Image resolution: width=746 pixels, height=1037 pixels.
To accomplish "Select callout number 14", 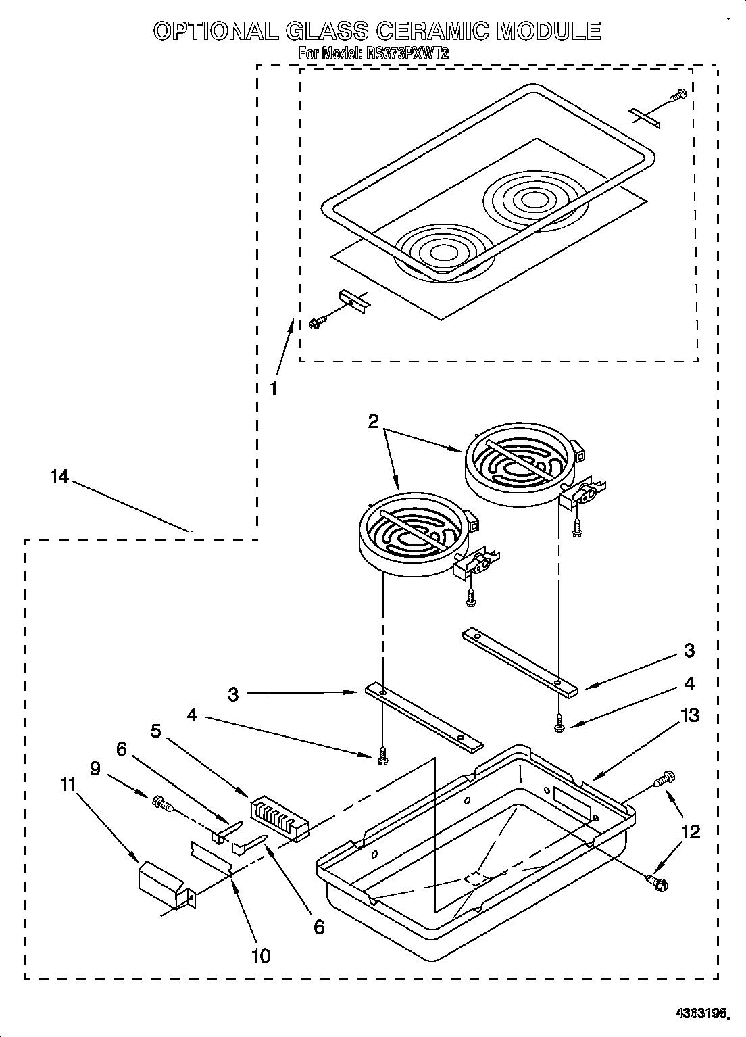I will tap(59, 477).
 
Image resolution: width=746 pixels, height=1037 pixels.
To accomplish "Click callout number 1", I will tap(273, 389).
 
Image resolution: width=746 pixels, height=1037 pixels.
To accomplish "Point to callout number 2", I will tap(373, 421).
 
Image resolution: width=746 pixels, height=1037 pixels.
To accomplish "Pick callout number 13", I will tap(690, 715).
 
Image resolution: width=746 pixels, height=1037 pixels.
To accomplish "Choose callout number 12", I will tap(690, 831).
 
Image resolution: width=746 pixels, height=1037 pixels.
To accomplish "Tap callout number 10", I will tap(260, 955).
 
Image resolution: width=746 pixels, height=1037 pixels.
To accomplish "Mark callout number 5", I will tap(156, 731).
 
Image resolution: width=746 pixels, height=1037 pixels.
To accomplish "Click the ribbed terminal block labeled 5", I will tap(278, 820).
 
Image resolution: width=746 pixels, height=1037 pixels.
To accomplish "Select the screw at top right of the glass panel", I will tap(677, 96).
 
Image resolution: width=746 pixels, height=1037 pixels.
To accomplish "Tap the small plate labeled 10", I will tap(213, 857).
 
